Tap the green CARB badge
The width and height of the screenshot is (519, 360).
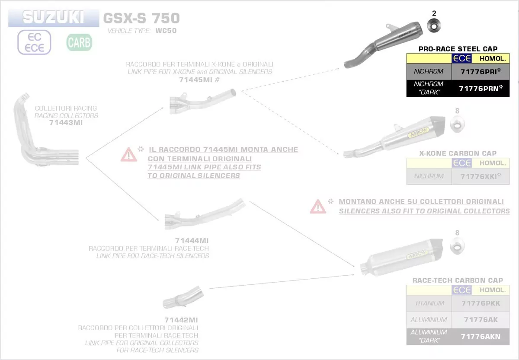point(79,42)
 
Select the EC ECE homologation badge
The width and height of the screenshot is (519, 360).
point(34,42)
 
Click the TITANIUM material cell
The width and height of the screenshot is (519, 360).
point(429,303)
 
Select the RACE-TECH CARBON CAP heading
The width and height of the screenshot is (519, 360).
point(458,280)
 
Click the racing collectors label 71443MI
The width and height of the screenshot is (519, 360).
point(65,123)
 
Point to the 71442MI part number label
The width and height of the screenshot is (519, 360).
point(181,320)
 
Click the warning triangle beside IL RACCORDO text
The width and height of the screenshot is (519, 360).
point(128,154)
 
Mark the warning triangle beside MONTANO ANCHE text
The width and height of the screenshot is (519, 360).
point(318,207)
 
